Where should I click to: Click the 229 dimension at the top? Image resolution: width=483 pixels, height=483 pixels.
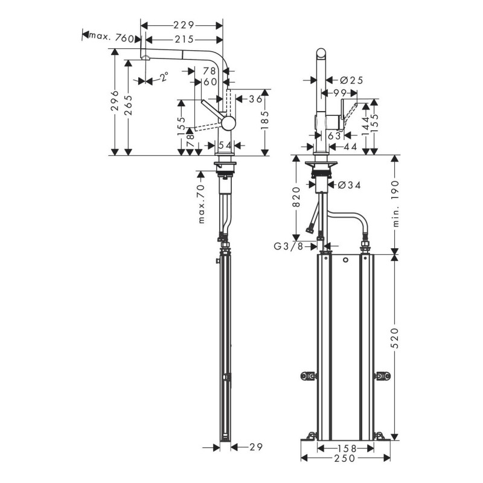pos(182,25)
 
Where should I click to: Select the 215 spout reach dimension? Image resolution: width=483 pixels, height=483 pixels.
pos(182,39)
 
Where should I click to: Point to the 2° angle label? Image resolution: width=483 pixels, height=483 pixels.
pos(164,76)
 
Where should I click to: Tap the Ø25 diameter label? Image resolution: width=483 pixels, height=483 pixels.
pos(350,80)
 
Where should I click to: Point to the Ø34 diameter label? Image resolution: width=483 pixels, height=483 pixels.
pos(350,185)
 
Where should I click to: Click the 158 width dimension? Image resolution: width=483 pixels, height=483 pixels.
pos(346,449)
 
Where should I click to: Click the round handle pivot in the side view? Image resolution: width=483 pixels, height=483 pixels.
pos(228,123)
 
